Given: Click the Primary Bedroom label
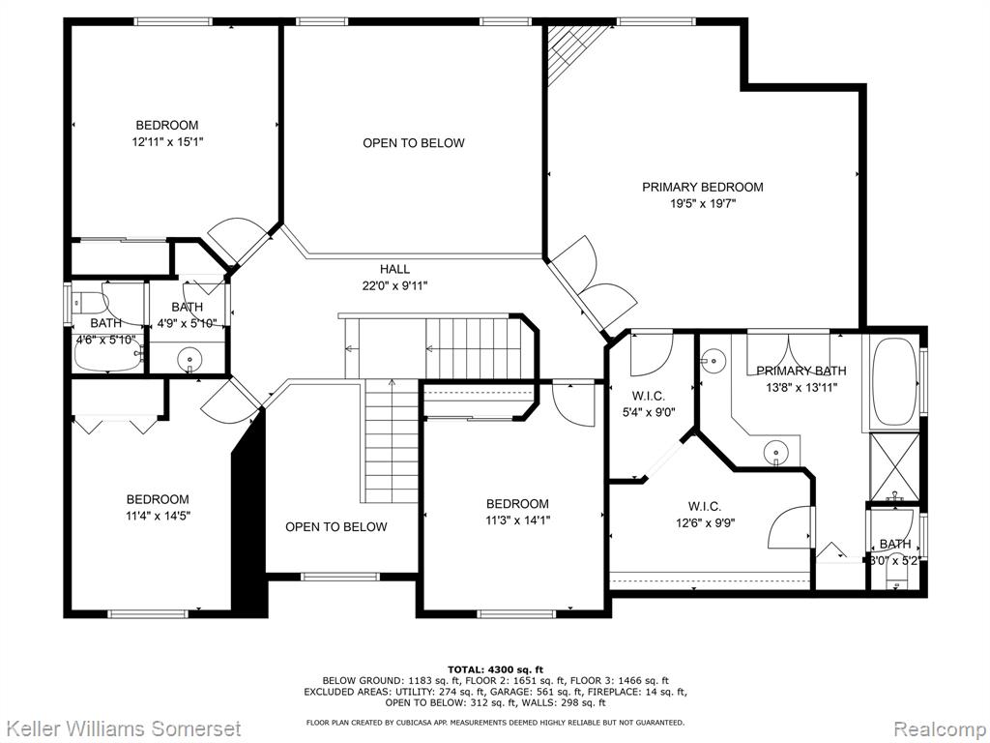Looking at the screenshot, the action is click(x=702, y=187).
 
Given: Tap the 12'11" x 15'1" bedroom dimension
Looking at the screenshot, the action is click(x=166, y=141).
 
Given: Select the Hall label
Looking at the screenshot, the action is click(x=394, y=269).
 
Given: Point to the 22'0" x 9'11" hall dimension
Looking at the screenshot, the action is click(x=394, y=285).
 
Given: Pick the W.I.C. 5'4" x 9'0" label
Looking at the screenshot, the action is click(x=648, y=404).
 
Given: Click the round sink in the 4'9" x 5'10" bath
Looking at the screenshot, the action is click(x=189, y=360).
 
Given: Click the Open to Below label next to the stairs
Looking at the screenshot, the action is click(x=335, y=527).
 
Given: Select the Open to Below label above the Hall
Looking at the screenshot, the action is click(x=413, y=143).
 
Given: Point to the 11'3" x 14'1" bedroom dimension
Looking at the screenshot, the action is click(x=517, y=520).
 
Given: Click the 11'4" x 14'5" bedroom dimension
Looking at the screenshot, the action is click(x=158, y=516).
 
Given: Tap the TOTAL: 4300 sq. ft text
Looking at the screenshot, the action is click(x=495, y=669).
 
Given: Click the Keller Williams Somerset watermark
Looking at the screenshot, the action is click(x=120, y=728).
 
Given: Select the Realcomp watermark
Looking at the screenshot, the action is click(x=938, y=728).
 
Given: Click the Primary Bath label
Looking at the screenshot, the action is click(x=801, y=371).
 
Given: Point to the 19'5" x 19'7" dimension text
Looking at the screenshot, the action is click(x=702, y=203).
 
